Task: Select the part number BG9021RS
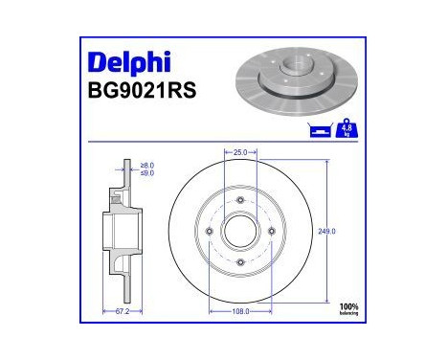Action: pos(137,94)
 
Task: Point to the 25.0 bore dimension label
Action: pos(239,152)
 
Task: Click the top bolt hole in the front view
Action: pos(239,200)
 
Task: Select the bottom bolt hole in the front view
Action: pos(239,261)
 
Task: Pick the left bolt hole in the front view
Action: pos(209,231)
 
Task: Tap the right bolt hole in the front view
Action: pos(270,231)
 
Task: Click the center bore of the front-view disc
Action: pos(239,231)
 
